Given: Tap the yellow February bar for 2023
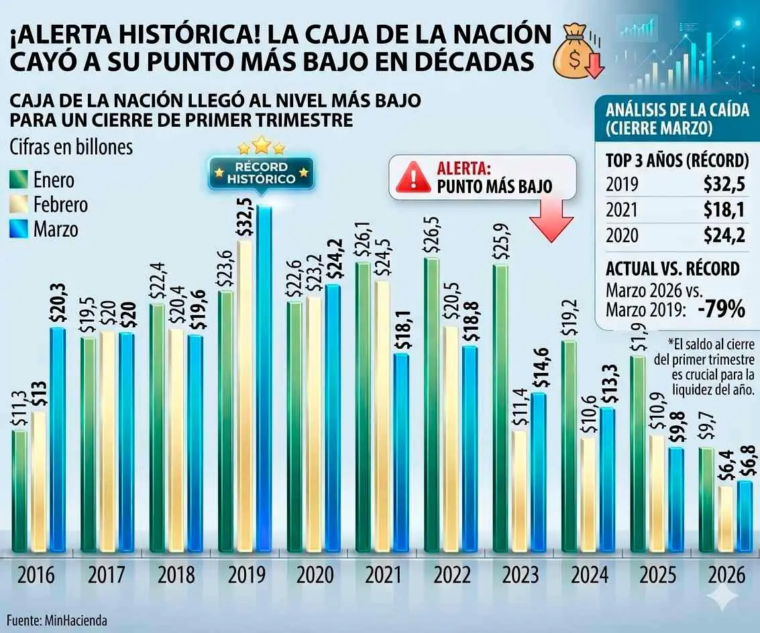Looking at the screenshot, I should tap(519, 490).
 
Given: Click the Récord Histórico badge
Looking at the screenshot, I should tap(261, 173).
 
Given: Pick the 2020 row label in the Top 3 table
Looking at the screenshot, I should tap(622, 235).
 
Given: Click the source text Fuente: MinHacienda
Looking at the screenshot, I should tap(57, 620).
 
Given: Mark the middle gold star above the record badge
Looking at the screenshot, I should tap(261, 145).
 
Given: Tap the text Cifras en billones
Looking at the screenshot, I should tap(71, 148).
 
